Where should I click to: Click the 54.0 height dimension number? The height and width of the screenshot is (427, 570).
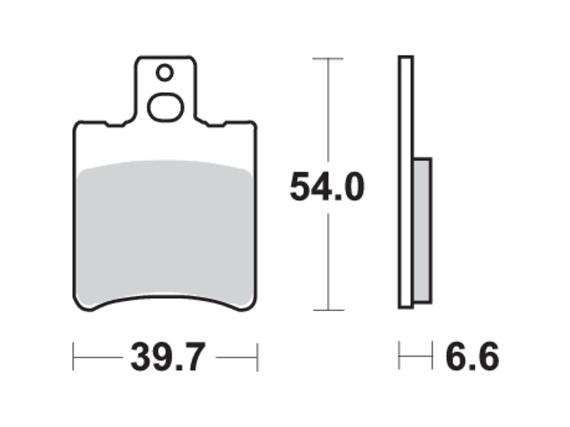(x=327, y=187)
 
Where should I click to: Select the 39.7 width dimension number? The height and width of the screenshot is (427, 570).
(x=168, y=357)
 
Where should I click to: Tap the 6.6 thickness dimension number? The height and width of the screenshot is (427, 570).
(x=472, y=357)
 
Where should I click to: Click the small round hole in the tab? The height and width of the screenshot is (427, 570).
(x=164, y=73)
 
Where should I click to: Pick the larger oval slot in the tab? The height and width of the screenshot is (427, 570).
(x=166, y=107)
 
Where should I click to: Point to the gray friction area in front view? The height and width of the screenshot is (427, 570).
(x=165, y=232)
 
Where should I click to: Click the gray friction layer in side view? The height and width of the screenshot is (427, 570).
(x=422, y=231)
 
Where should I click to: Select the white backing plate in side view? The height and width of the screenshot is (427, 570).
(x=406, y=182)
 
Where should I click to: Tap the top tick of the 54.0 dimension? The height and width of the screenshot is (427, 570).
(x=328, y=58)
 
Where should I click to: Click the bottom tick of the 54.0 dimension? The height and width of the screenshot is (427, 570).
(x=328, y=310)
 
